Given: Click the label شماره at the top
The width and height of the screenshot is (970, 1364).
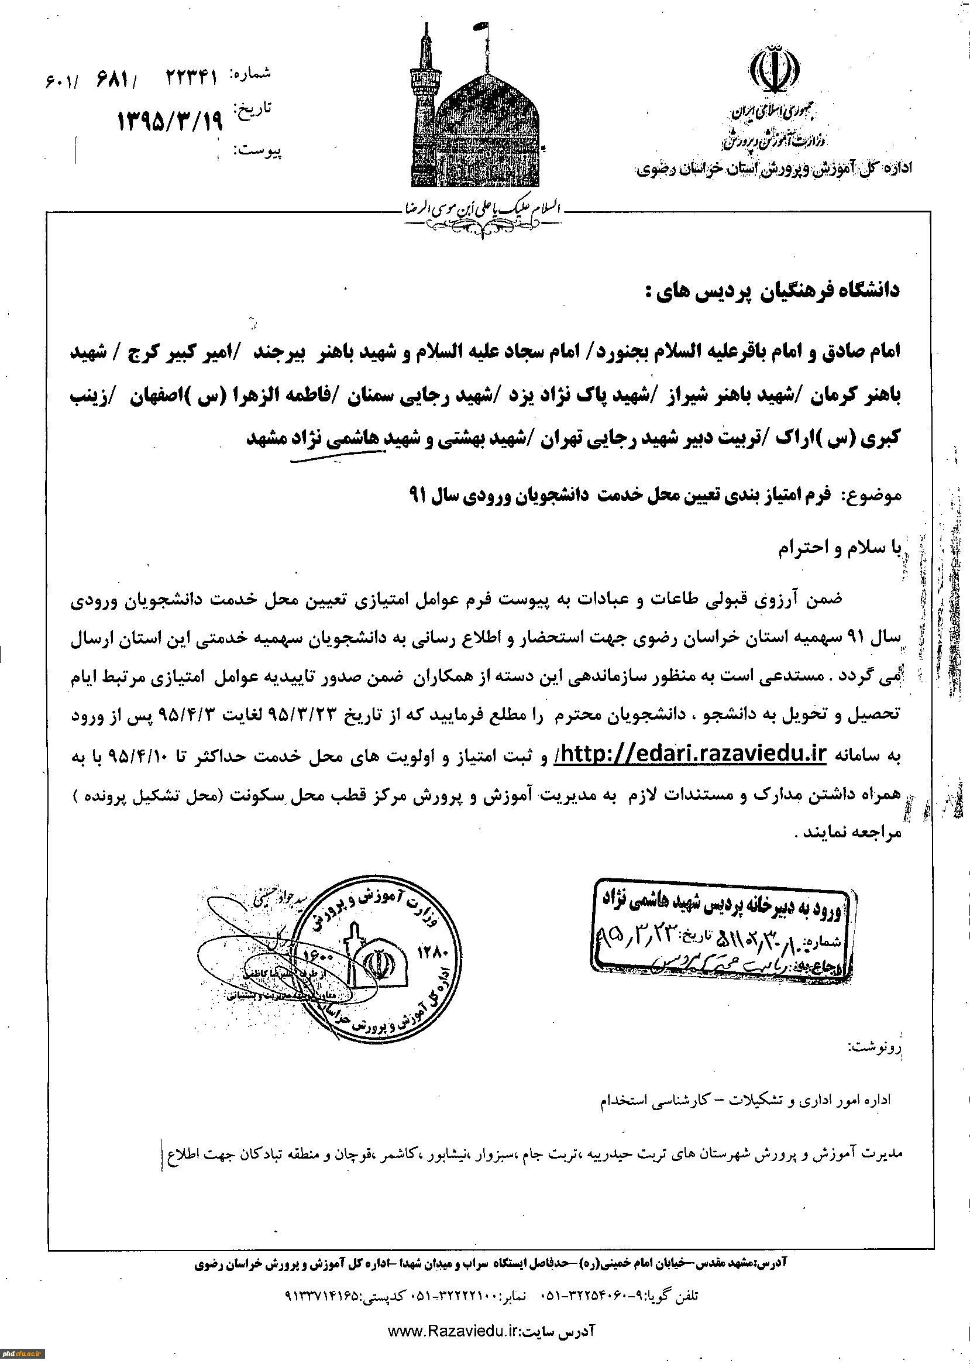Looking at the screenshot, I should tap(254, 74).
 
